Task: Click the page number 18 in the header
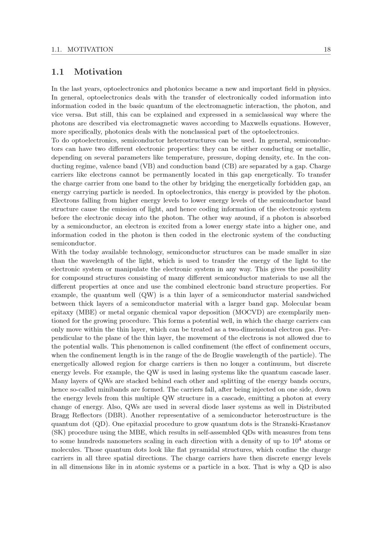(327, 49)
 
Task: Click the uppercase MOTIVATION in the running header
(90, 49)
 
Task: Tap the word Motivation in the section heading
(98, 72)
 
